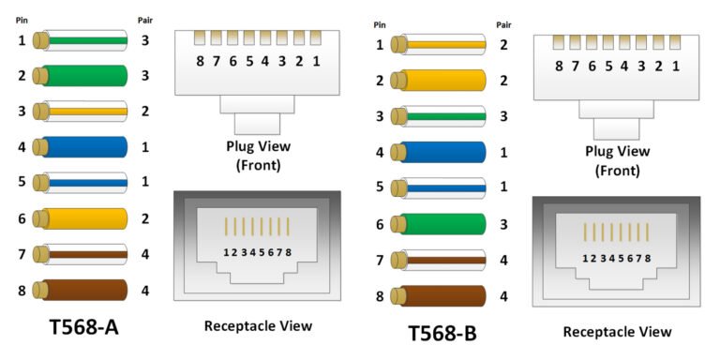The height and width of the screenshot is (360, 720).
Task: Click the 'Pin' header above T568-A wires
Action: point(21,18)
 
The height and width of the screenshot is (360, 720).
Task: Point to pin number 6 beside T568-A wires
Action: point(22,218)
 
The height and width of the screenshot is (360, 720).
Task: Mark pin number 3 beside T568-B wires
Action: point(380,116)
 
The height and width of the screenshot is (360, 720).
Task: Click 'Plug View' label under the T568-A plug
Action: point(258,146)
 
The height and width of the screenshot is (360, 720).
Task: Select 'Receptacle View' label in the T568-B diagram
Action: point(617,331)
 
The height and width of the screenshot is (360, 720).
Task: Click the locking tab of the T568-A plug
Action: point(258,121)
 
